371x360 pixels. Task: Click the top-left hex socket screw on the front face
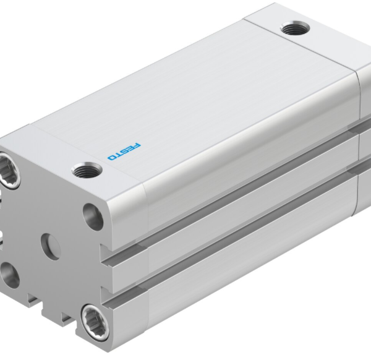(x=11, y=173)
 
